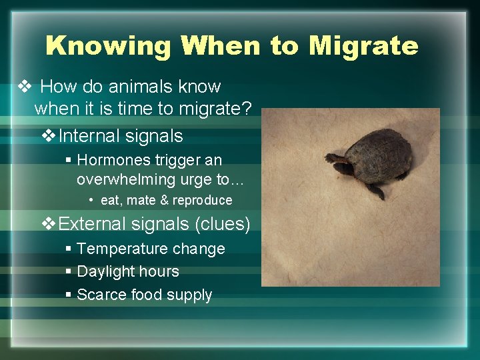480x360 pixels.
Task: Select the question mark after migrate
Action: [247, 109]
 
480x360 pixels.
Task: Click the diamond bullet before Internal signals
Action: [49, 136]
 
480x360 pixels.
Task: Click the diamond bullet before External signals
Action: [49, 224]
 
